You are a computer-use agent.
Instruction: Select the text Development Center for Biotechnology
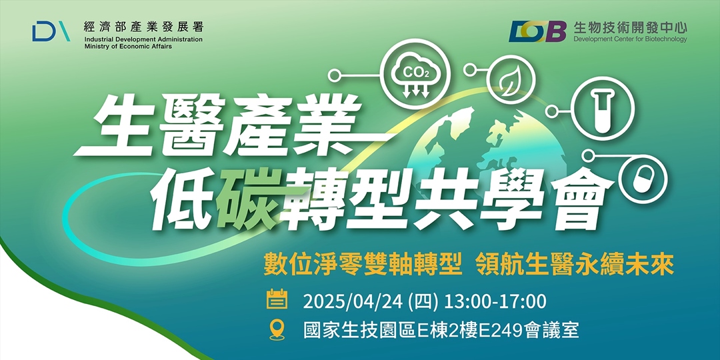pos(630,39)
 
